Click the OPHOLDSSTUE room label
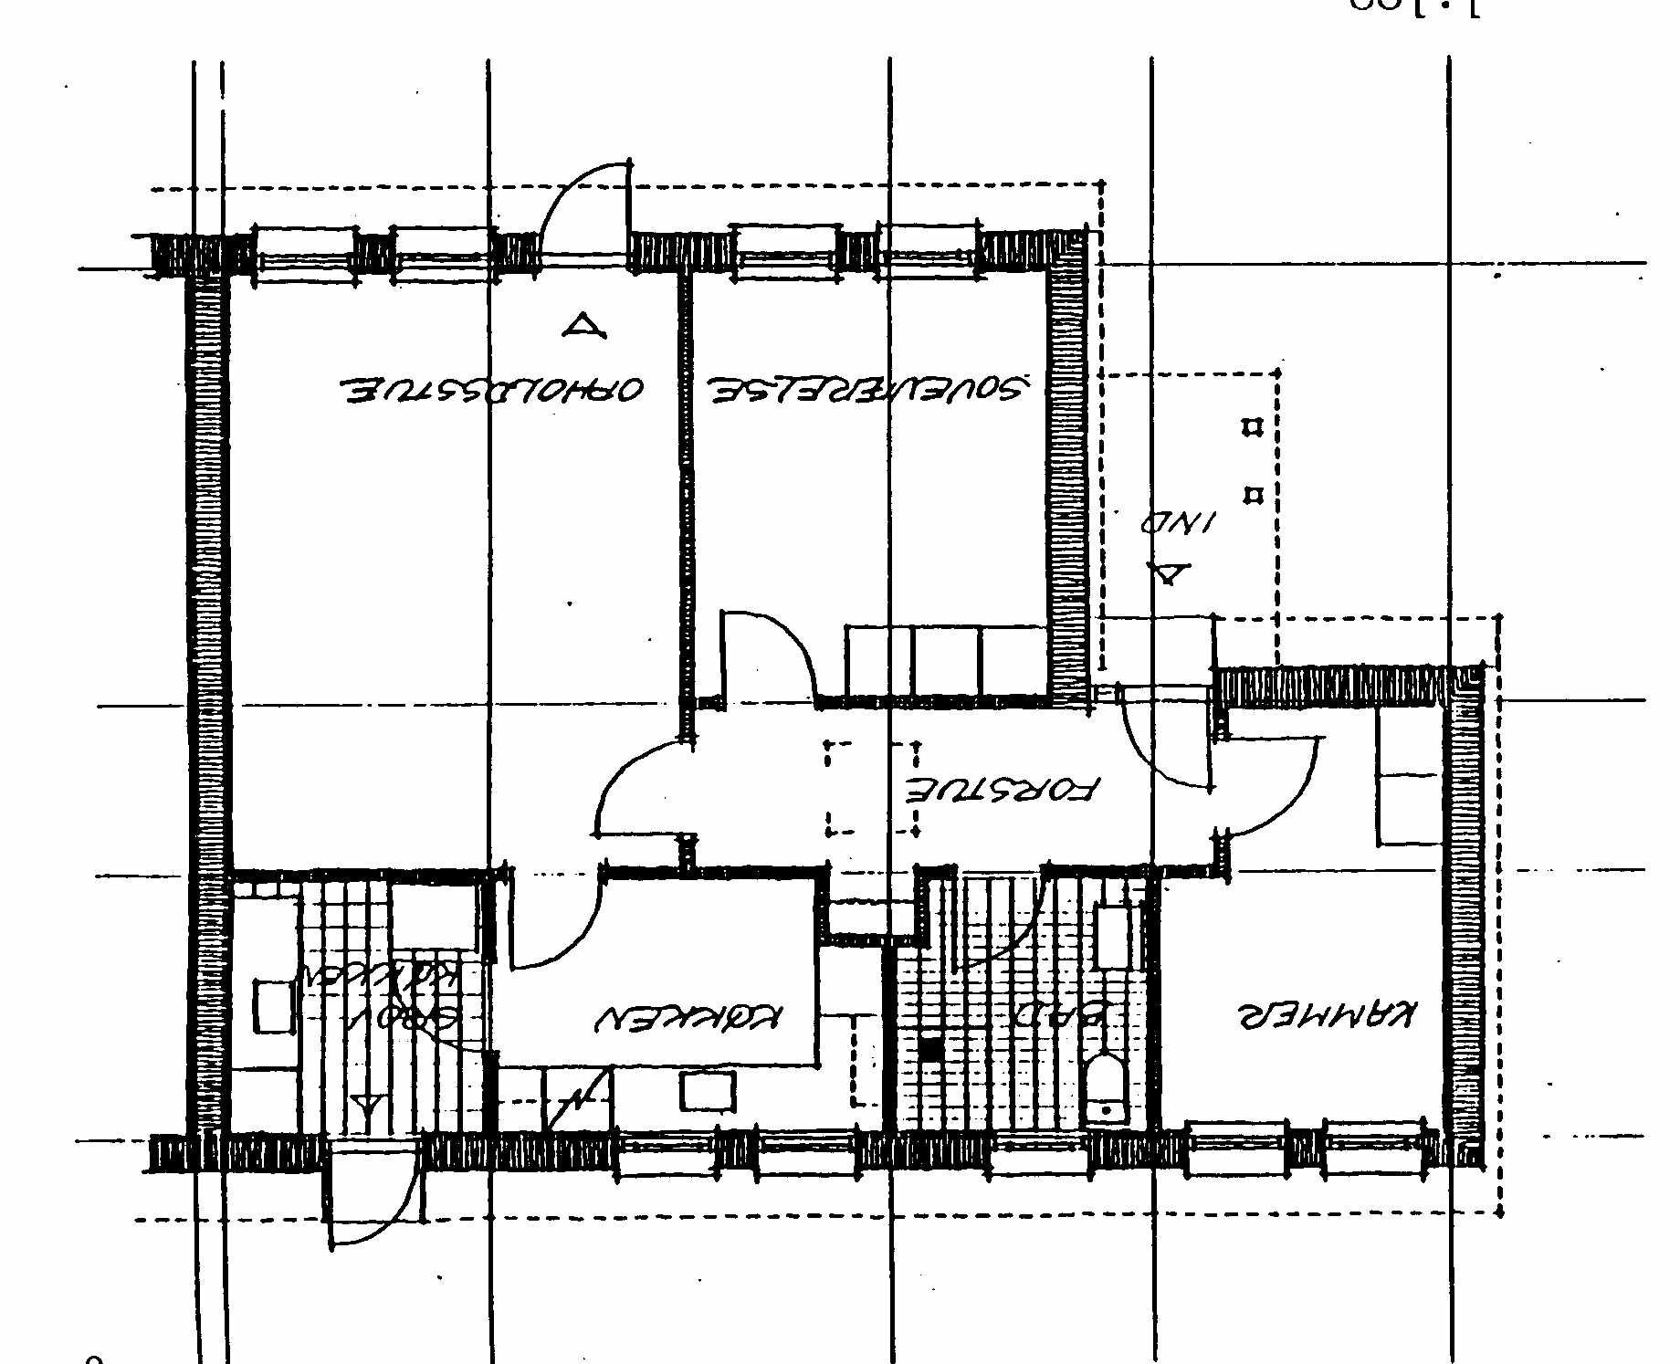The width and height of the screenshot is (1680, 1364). [x=493, y=390]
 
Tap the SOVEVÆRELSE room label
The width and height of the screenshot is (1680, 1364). [x=867, y=389]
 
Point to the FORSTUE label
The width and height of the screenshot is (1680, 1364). [x=1003, y=789]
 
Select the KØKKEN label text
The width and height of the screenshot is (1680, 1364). [x=688, y=1017]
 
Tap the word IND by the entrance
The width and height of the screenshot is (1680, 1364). [x=1179, y=523]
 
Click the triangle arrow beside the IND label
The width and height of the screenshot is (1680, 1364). [x=1169, y=574]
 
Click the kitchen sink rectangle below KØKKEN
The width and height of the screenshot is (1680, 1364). [x=708, y=1092]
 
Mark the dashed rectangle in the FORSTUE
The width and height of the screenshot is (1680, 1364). [x=872, y=788]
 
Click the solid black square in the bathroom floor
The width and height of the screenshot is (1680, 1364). [x=929, y=1050]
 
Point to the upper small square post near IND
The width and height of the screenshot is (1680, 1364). [x=1253, y=427]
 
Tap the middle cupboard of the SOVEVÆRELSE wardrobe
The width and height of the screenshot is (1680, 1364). [x=947, y=660]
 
